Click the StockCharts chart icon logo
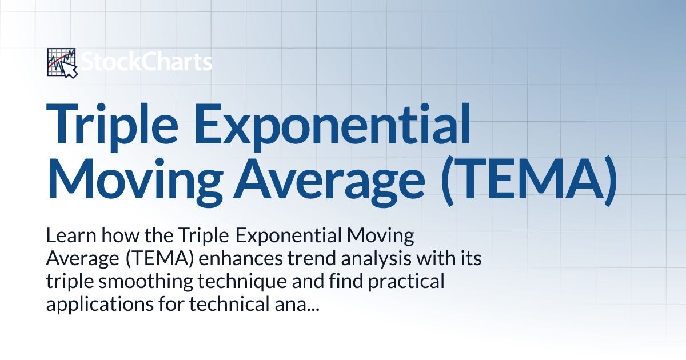[62, 63]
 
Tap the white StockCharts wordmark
[146, 62]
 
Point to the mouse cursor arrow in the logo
[69, 70]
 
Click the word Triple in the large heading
[112, 126]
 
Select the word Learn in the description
[71, 235]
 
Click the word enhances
[241, 258]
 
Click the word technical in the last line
[229, 304]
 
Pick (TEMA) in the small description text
[159, 259]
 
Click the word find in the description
[346, 281]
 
